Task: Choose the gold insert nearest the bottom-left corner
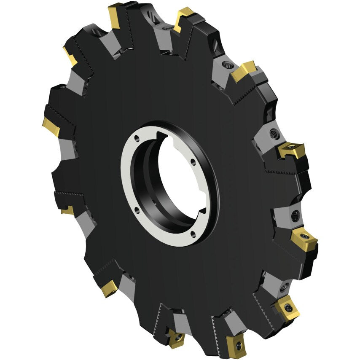108,289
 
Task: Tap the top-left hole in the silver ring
137,137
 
